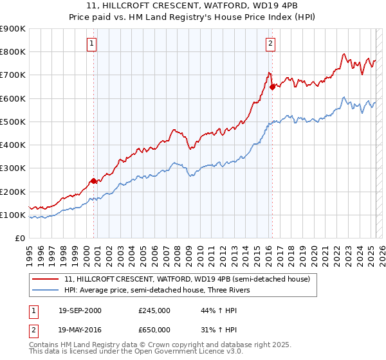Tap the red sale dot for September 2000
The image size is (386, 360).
click(x=94, y=181)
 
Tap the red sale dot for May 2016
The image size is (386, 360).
click(x=272, y=87)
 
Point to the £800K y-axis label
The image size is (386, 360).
click(x=13, y=52)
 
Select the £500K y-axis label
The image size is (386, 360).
click(x=13, y=122)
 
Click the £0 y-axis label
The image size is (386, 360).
click(x=19, y=239)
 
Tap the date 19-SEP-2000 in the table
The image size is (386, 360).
click(x=80, y=310)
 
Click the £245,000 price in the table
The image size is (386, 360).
click(x=154, y=310)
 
